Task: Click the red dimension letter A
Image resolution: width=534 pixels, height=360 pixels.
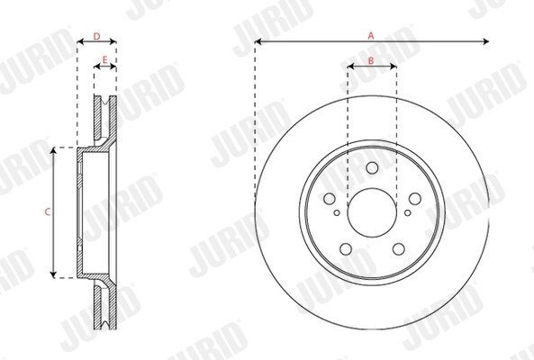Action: click(x=371, y=35)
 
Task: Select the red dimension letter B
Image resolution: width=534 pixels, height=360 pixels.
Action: click(x=371, y=60)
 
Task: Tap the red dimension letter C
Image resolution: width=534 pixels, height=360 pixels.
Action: click(x=48, y=212)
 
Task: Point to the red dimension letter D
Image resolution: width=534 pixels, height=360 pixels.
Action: click(x=96, y=36)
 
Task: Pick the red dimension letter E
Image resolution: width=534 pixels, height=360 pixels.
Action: click(x=104, y=60)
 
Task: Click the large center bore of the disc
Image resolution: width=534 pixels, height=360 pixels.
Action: click(x=372, y=212)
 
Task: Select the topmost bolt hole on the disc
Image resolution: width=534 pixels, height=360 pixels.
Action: click(x=372, y=167)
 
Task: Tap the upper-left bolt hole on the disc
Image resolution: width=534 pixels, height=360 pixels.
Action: click(x=330, y=199)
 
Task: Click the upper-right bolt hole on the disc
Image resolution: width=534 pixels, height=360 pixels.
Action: click(x=415, y=199)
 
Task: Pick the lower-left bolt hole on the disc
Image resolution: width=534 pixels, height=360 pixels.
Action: click(x=346, y=249)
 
